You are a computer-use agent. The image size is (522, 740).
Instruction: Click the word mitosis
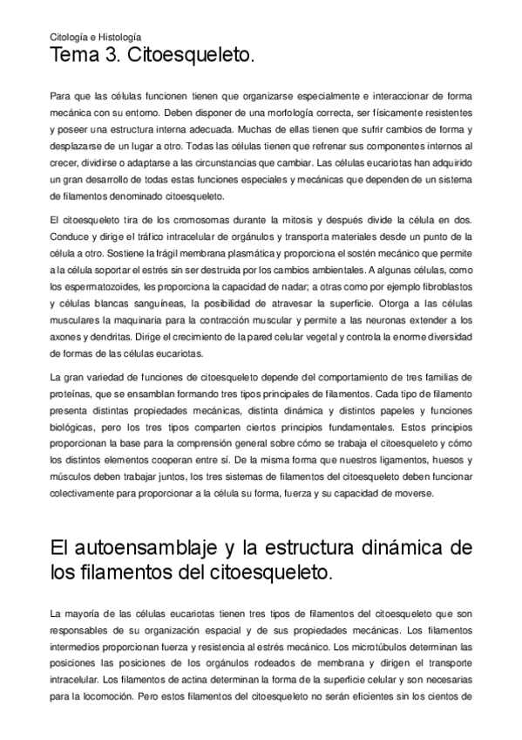(x=285, y=220)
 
